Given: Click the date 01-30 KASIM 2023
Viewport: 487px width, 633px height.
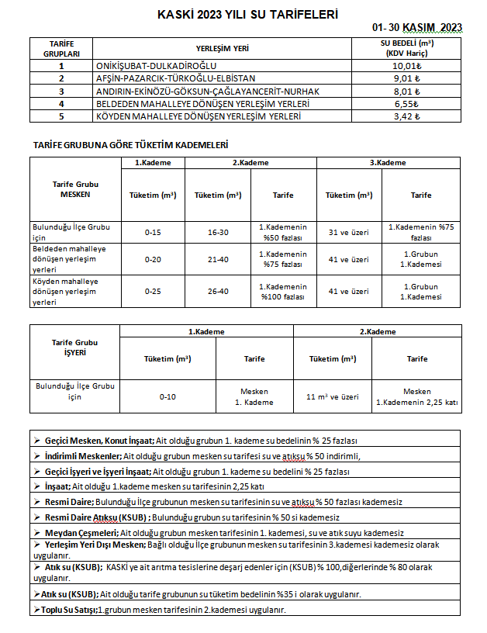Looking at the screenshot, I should [417, 27].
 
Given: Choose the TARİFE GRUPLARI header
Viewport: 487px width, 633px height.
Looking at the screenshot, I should [61, 48].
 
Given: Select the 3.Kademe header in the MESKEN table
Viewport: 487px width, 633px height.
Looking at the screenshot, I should [388, 163].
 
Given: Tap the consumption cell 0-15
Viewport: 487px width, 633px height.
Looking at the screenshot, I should [153, 232].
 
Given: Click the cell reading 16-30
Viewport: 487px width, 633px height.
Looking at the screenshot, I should [218, 232].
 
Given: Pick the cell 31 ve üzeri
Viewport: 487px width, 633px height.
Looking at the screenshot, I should [349, 232].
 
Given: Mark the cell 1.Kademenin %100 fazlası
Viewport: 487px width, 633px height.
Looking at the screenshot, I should [283, 292].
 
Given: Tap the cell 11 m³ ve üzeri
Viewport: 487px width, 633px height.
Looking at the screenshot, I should [333, 396].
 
